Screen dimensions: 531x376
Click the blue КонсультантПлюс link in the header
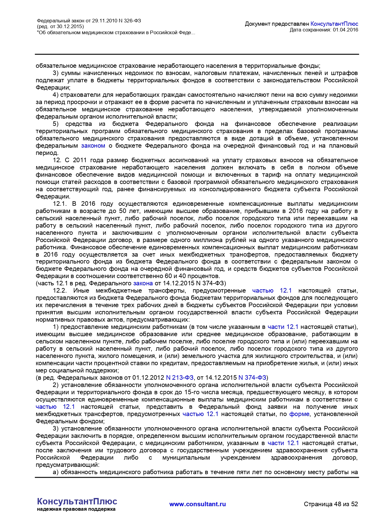pyautogui.click(x=334, y=24)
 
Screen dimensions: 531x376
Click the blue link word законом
pyautogui.click(x=93, y=146)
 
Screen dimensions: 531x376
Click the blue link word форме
pyautogui.click(x=299, y=414)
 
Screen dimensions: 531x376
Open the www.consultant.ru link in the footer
pyautogui.click(x=198, y=504)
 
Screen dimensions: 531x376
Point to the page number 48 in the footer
pyautogui.click(x=338, y=504)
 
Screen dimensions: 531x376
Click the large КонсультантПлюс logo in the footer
pyautogui.click(x=77, y=501)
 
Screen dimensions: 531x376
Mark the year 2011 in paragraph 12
pyautogui.click(x=80, y=160)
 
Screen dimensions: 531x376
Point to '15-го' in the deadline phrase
pyautogui.click(x=192, y=392)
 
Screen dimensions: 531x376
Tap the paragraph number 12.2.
pyautogui.click(x=60, y=291)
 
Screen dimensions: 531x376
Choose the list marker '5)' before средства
pyautogui.click(x=56, y=124)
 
